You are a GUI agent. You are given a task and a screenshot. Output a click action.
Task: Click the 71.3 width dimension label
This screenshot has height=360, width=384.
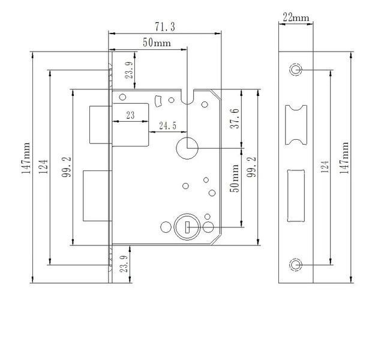point(165,26)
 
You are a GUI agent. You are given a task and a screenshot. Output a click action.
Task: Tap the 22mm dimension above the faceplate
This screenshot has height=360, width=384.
point(296,17)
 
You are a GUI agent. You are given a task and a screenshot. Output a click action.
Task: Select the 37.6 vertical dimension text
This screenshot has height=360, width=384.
point(235,119)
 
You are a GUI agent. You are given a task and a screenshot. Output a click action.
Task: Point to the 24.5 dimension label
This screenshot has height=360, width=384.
point(168,125)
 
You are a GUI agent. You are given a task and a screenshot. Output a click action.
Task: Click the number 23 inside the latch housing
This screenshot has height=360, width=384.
point(131,115)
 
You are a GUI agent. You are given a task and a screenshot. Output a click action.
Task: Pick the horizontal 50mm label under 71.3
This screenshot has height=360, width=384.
point(157,43)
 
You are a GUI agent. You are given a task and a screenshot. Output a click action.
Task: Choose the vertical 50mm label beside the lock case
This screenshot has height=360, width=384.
point(235,178)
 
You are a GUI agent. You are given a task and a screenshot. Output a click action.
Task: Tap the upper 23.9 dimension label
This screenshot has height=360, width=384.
point(130,70)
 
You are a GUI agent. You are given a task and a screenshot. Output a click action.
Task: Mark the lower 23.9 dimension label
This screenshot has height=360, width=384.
point(124,264)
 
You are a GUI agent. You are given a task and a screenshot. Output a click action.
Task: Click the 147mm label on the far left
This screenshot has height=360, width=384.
point(25,158)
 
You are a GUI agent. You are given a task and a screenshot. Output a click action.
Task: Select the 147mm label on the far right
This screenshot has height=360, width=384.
point(344,158)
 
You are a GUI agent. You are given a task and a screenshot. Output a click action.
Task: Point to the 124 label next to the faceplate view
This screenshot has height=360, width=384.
point(325,167)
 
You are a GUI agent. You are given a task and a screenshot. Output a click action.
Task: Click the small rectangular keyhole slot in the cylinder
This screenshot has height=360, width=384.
point(187,227)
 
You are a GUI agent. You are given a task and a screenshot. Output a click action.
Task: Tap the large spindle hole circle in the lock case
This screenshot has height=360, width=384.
point(187,148)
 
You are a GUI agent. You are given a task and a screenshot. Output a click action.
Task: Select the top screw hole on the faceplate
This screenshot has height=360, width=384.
point(296,70)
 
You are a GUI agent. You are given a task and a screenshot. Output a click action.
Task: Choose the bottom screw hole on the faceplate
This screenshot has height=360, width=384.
point(296,265)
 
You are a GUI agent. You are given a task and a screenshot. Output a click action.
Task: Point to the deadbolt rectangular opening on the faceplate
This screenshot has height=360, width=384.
point(296,196)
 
